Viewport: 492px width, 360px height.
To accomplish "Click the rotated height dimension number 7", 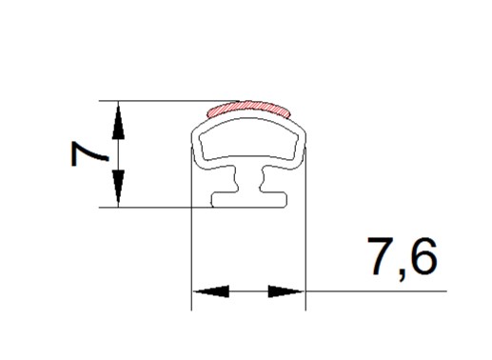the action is [89, 153].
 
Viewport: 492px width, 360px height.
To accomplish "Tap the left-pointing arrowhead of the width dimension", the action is [211, 291].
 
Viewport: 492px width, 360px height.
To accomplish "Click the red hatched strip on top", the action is [248, 109].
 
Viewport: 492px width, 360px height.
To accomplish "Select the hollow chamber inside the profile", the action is [248, 139].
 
